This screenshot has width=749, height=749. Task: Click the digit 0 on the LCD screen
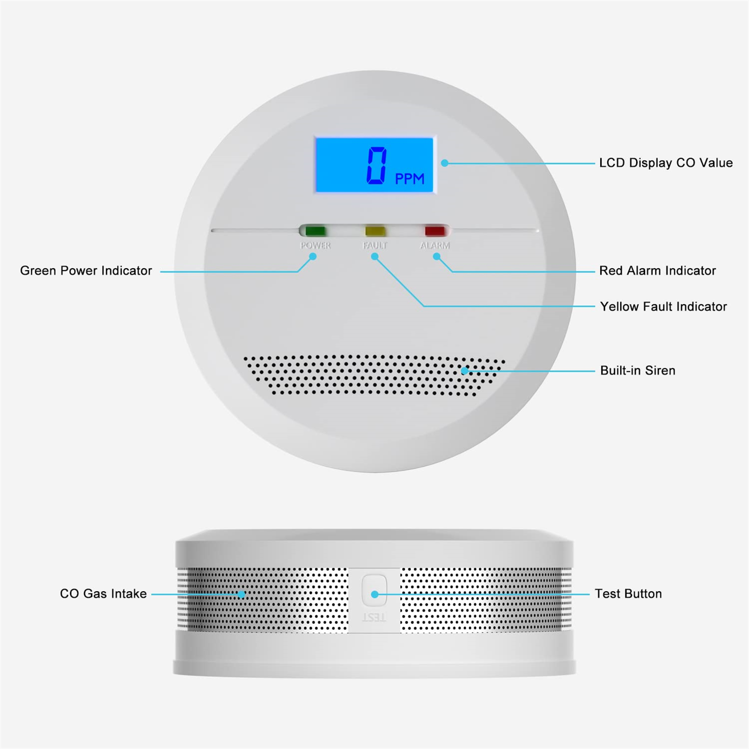(377, 165)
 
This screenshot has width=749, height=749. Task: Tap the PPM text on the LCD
(410, 179)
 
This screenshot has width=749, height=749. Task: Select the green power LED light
(315, 231)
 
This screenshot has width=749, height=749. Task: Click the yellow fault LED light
(375, 231)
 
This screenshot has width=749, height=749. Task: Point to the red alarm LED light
(434, 231)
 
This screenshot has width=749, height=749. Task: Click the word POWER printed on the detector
(316, 245)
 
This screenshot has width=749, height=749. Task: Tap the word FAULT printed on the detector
(375, 245)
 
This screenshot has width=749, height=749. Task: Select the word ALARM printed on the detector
(435, 245)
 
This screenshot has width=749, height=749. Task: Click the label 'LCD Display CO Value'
(666, 163)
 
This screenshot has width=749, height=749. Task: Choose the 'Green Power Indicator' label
(86, 271)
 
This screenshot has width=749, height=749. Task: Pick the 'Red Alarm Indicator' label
(657, 271)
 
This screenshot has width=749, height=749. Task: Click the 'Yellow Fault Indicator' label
(663, 307)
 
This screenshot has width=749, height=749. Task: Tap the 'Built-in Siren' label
(638, 371)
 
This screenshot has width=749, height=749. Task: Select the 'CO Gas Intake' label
(103, 594)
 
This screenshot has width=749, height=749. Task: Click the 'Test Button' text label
(628, 594)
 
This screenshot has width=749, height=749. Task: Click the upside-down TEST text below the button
(374, 618)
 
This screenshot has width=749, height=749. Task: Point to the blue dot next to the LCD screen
(445, 163)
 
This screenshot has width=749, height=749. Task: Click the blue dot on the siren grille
(464, 371)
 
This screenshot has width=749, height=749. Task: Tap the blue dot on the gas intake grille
(241, 595)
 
